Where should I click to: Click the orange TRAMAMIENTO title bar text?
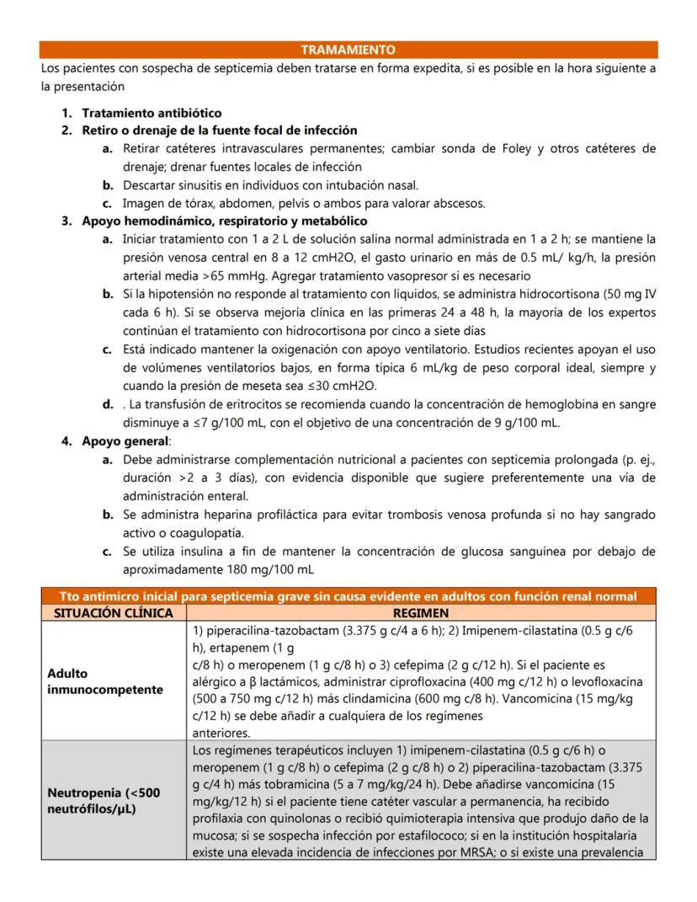[x=348, y=50]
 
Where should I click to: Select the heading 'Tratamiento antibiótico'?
[x=152, y=113]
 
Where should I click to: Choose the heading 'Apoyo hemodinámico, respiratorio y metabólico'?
[x=224, y=221]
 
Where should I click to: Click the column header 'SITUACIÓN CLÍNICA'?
[x=113, y=613]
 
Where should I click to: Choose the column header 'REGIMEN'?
[x=420, y=613]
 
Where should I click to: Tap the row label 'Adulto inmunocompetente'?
[x=105, y=681]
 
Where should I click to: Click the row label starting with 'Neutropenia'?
[x=104, y=800]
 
